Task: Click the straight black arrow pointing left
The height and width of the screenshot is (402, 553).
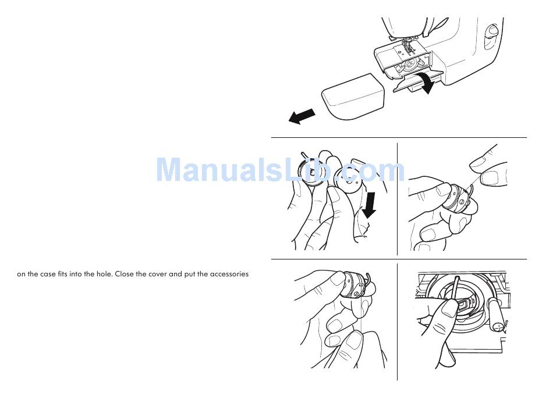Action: (x=302, y=116)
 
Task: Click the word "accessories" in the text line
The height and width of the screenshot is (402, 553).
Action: (x=229, y=274)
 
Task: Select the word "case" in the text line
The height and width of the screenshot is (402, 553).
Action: (x=48, y=274)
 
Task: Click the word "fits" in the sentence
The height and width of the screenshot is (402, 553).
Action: (x=62, y=274)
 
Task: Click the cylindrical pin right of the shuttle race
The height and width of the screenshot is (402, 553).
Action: (x=495, y=315)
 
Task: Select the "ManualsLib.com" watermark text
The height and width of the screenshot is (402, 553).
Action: (x=281, y=170)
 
